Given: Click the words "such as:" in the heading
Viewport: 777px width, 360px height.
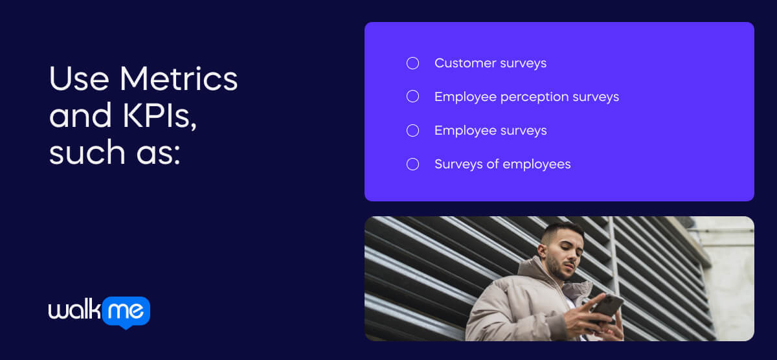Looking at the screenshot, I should pyautogui.click(x=114, y=153).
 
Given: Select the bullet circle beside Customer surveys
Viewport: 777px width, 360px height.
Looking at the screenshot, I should pyautogui.click(x=412, y=63).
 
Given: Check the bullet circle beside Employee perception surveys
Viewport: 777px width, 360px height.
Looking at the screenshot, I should pyautogui.click(x=412, y=96).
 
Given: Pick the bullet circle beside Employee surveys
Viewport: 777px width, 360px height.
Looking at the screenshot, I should pyautogui.click(x=412, y=130).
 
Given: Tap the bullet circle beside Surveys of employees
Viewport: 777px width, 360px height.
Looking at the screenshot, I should pyautogui.click(x=412, y=164).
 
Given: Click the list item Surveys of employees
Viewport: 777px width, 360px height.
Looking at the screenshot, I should pyautogui.click(x=502, y=164).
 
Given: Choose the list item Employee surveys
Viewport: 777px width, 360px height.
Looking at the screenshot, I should pyautogui.click(x=490, y=130).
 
